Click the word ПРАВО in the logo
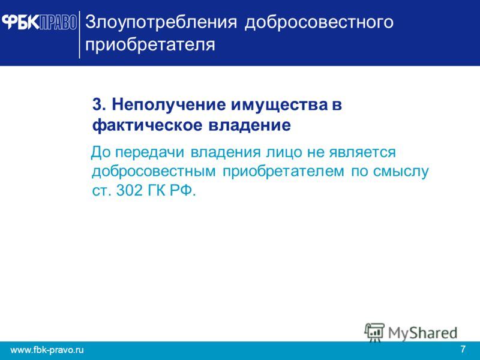coord(58,22)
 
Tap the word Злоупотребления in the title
coord(161,22)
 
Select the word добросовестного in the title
coord(319,23)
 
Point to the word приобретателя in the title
coord(150,45)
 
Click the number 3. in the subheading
coord(99,104)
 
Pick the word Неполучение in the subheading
coord(169,106)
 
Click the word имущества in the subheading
coord(279,106)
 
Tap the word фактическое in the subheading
coord(147,126)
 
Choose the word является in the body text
coord(362,153)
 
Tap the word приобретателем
coord(283,172)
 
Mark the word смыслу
coord(400,172)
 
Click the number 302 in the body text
coord(130,191)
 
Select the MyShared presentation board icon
coord(374,332)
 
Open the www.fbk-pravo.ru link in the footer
coord(47,350)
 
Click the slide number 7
coord(463,349)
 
